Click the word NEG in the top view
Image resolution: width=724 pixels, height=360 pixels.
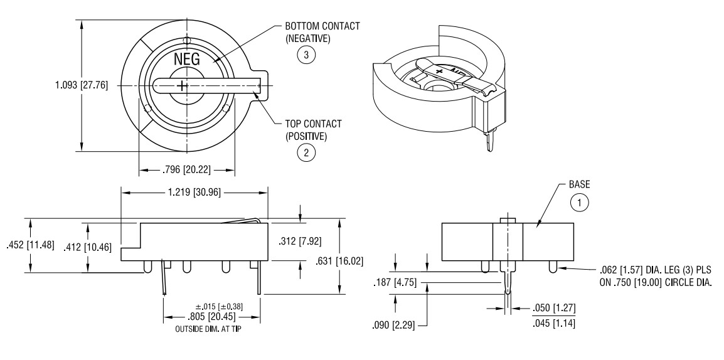tap(186, 61)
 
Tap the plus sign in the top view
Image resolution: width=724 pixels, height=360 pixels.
tap(182, 86)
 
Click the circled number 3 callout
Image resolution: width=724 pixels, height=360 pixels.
tap(306, 55)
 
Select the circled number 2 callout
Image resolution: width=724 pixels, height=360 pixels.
tap(306, 151)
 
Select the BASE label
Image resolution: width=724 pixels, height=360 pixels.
tap(580, 185)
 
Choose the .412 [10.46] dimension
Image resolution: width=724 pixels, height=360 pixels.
tap(88, 247)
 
